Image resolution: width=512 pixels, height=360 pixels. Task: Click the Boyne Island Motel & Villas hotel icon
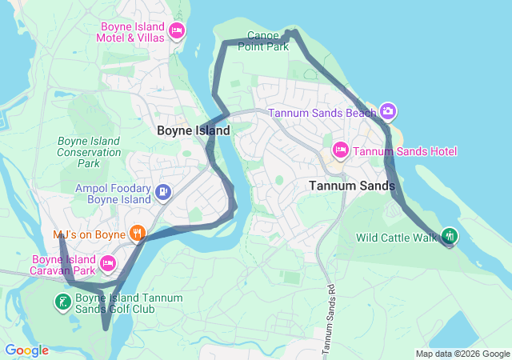coord(178,31)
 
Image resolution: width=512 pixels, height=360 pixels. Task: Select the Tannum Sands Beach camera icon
coord(388,112)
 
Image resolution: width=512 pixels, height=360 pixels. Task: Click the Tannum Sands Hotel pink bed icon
coord(340,151)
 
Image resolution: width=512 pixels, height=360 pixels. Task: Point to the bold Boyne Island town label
coord(193,130)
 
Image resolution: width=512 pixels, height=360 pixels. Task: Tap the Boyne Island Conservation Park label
coord(89,152)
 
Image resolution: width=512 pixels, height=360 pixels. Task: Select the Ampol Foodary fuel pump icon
coord(163,192)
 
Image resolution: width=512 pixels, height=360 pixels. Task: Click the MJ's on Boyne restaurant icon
coord(138,234)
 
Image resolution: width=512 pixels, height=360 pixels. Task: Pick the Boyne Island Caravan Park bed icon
coord(108,262)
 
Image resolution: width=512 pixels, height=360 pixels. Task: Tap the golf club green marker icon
coord(62,302)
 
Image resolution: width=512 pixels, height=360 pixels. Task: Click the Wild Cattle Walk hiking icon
coord(450,236)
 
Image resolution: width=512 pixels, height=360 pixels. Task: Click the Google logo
coord(26,350)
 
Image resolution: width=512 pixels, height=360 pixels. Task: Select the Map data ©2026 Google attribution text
coord(462,354)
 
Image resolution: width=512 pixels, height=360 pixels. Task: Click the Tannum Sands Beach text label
coord(322,113)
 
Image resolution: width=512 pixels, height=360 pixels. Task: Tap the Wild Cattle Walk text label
coord(398,237)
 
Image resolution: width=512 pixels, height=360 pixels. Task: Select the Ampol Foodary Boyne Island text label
coord(113,194)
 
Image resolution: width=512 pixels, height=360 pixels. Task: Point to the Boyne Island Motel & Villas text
coord(131,31)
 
